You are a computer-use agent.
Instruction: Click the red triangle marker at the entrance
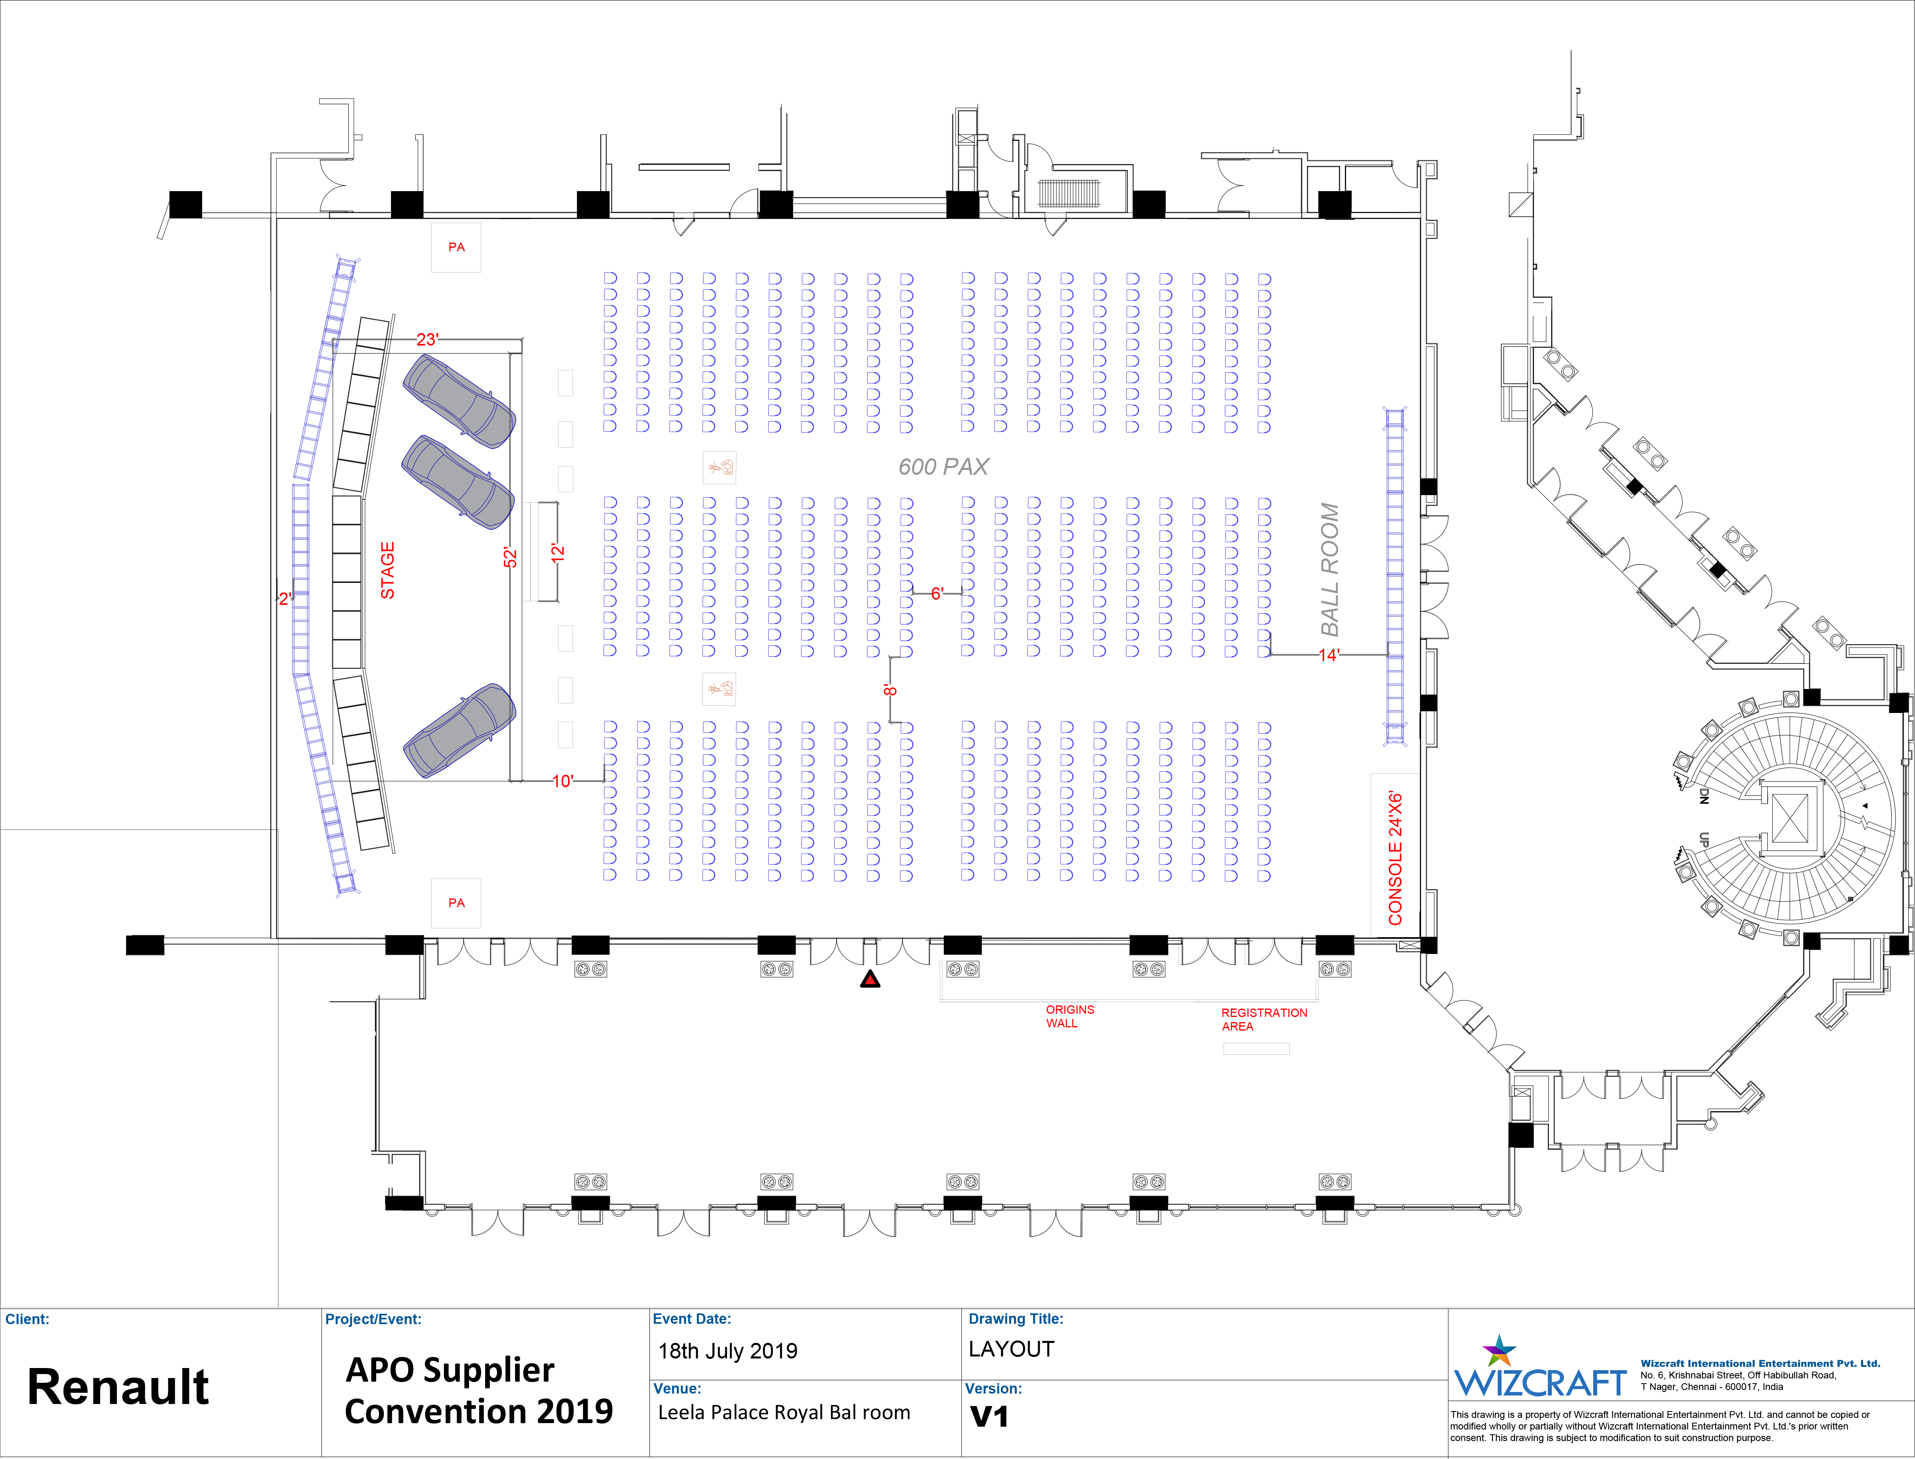[870, 979]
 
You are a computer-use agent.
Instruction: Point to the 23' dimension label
[427, 340]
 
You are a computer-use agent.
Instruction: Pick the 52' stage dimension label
[511, 557]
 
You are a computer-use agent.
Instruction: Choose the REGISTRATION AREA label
[1264, 1020]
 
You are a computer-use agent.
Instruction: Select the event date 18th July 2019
[728, 1351]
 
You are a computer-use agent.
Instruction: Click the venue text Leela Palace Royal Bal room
[784, 1413]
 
